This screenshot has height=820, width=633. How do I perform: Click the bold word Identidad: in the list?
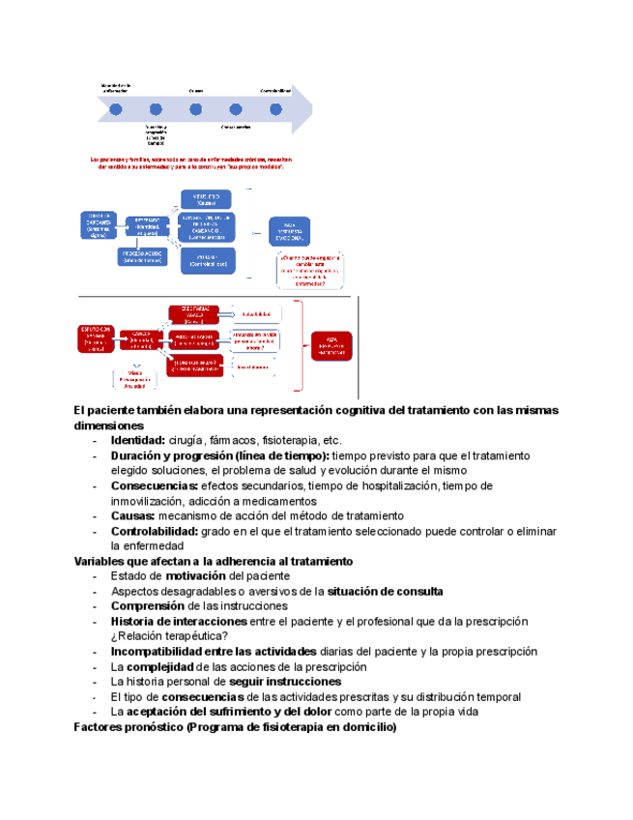137,440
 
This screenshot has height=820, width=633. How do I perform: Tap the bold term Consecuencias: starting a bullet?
155,485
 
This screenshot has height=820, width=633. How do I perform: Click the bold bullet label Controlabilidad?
156,531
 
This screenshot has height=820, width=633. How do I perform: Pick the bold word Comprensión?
149,606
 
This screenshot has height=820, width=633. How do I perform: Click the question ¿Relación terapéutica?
169,636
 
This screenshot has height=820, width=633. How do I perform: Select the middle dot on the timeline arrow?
195,109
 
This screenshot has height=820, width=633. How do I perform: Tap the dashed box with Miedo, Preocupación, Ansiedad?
133,379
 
